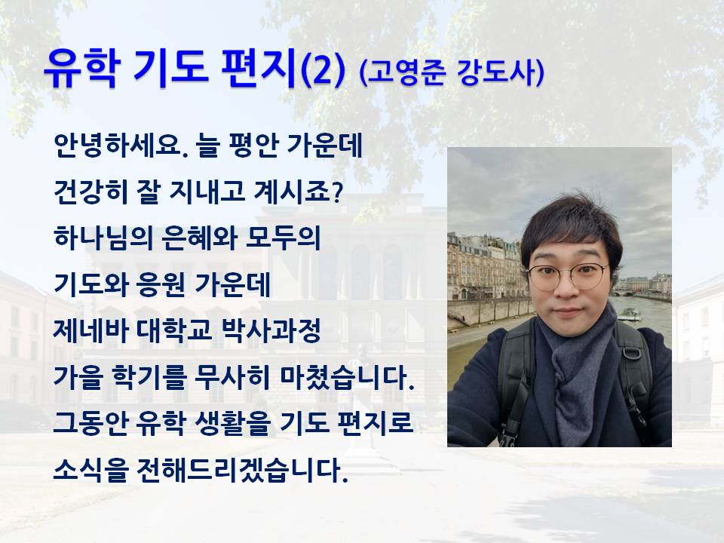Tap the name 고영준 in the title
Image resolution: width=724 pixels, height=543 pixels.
tap(406, 73)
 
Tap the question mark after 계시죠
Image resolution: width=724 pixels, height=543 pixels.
tap(338, 192)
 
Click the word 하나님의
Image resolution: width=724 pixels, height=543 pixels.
tap(103, 238)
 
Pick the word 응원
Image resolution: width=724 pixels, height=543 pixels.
tap(159, 284)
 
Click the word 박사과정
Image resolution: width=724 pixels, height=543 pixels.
tap(271, 330)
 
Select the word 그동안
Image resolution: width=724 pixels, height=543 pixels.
tap(90, 423)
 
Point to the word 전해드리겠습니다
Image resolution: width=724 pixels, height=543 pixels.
tap(242, 470)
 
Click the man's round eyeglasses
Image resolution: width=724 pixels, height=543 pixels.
tap(568, 276)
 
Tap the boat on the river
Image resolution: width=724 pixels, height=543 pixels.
tap(629, 314)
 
